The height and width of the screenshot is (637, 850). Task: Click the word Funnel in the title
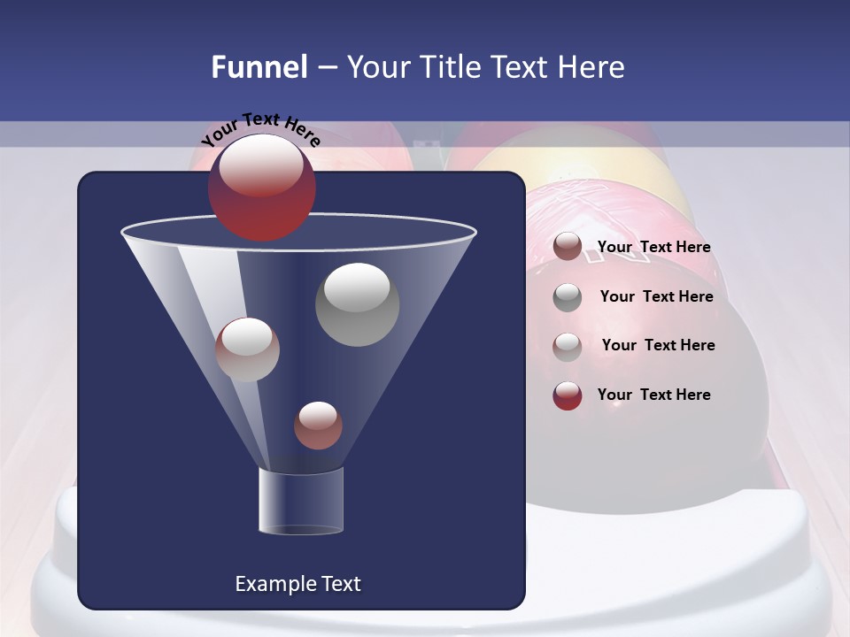pyautogui.click(x=259, y=67)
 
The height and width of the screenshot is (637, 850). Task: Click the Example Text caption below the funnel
pyautogui.click(x=297, y=584)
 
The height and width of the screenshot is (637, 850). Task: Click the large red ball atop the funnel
pyautogui.click(x=261, y=188)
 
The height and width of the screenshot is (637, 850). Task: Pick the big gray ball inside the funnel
pyautogui.click(x=357, y=303)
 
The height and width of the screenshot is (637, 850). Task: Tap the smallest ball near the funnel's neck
pyautogui.click(x=318, y=425)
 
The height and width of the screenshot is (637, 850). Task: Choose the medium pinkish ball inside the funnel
pyautogui.click(x=247, y=349)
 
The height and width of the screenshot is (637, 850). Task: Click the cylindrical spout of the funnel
pyautogui.click(x=300, y=501)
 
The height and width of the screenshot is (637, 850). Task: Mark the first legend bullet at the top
pyautogui.click(x=568, y=247)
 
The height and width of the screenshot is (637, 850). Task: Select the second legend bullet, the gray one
pyautogui.click(x=568, y=296)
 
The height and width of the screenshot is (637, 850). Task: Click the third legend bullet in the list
pyautogui.click(x=568, y=346)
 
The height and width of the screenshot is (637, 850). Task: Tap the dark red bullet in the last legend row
pyautogui.click(x=568, y=395)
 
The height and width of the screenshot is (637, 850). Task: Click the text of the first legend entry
pyautogui.click(x=653, y=247)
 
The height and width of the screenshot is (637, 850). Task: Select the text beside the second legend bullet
pyautogui.click(x=656, y=296)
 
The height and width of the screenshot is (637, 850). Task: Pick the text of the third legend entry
pyautogui.click(x=658, y=345)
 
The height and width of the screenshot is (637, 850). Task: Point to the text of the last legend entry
pyautogui.click(x=653, y=395)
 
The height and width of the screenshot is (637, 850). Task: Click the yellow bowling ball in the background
pyautogui.click(x=576, y=164)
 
